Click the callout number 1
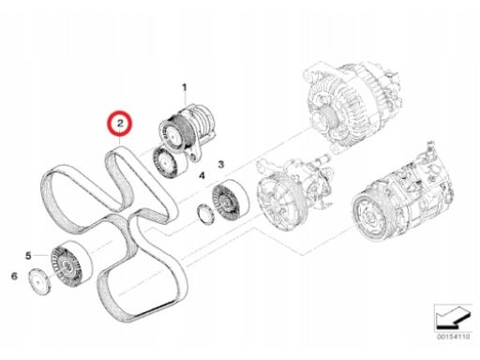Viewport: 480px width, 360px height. click(185, 88)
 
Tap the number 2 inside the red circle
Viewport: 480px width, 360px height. click(120, 123)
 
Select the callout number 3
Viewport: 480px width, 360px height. click(221, 164)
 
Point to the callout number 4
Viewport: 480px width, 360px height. click(202, 175)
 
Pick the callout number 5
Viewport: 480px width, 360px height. click(28, 256)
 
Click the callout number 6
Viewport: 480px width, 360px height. click(14, 277)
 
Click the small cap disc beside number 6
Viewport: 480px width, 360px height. click(39, 281)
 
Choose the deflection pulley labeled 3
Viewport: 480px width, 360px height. click(230, 201)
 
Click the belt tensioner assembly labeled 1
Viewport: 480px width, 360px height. click(187, 132)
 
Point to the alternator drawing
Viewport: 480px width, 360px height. click(351, 106)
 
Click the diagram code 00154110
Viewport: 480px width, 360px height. click(454, 337)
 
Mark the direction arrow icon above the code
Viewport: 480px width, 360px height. click(453, 318)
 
